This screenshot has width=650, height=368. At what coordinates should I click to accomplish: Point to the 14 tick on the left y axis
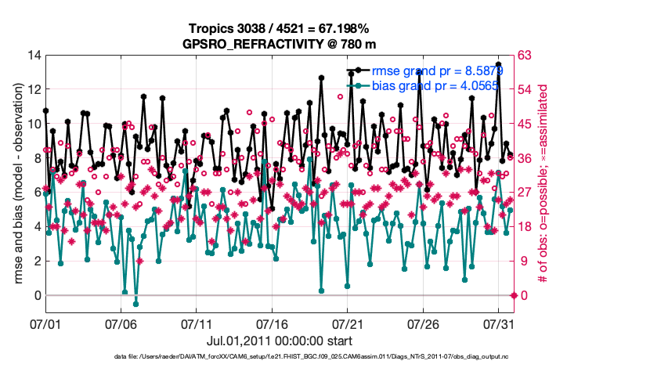tap(34, 55)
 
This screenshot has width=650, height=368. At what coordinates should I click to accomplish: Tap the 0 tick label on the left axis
tap(38, 295)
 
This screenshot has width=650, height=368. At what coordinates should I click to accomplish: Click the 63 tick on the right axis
tap(526, 55)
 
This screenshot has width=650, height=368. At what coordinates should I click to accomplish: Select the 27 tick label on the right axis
tap(526, 193)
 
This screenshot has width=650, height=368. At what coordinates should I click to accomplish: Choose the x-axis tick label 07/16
tap(273, 323)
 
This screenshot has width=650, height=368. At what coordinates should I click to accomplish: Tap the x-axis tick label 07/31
tap(500, 323)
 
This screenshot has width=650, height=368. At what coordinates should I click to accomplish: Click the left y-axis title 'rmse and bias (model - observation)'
tap(16, 175)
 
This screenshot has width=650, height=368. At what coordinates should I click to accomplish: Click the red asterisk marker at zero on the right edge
tap(514, 295)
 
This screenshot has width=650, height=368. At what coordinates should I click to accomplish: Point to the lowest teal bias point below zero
tap(135, 304)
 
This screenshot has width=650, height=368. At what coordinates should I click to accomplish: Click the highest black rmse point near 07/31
tap(499, 64)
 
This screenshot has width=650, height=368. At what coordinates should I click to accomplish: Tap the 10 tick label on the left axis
tap(34, 124)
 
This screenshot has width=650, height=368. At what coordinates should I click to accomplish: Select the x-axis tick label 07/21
tap(349, 323)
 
